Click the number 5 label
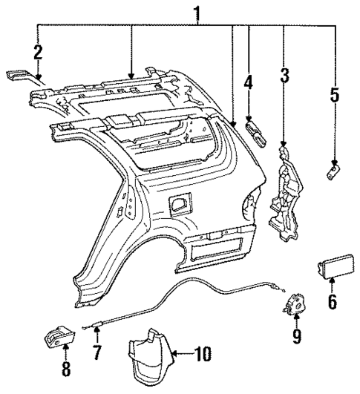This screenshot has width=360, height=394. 335,94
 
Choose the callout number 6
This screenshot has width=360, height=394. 332,301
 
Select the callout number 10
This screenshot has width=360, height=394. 202,355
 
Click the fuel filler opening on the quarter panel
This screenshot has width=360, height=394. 179,202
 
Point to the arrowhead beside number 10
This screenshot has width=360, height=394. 176,355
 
